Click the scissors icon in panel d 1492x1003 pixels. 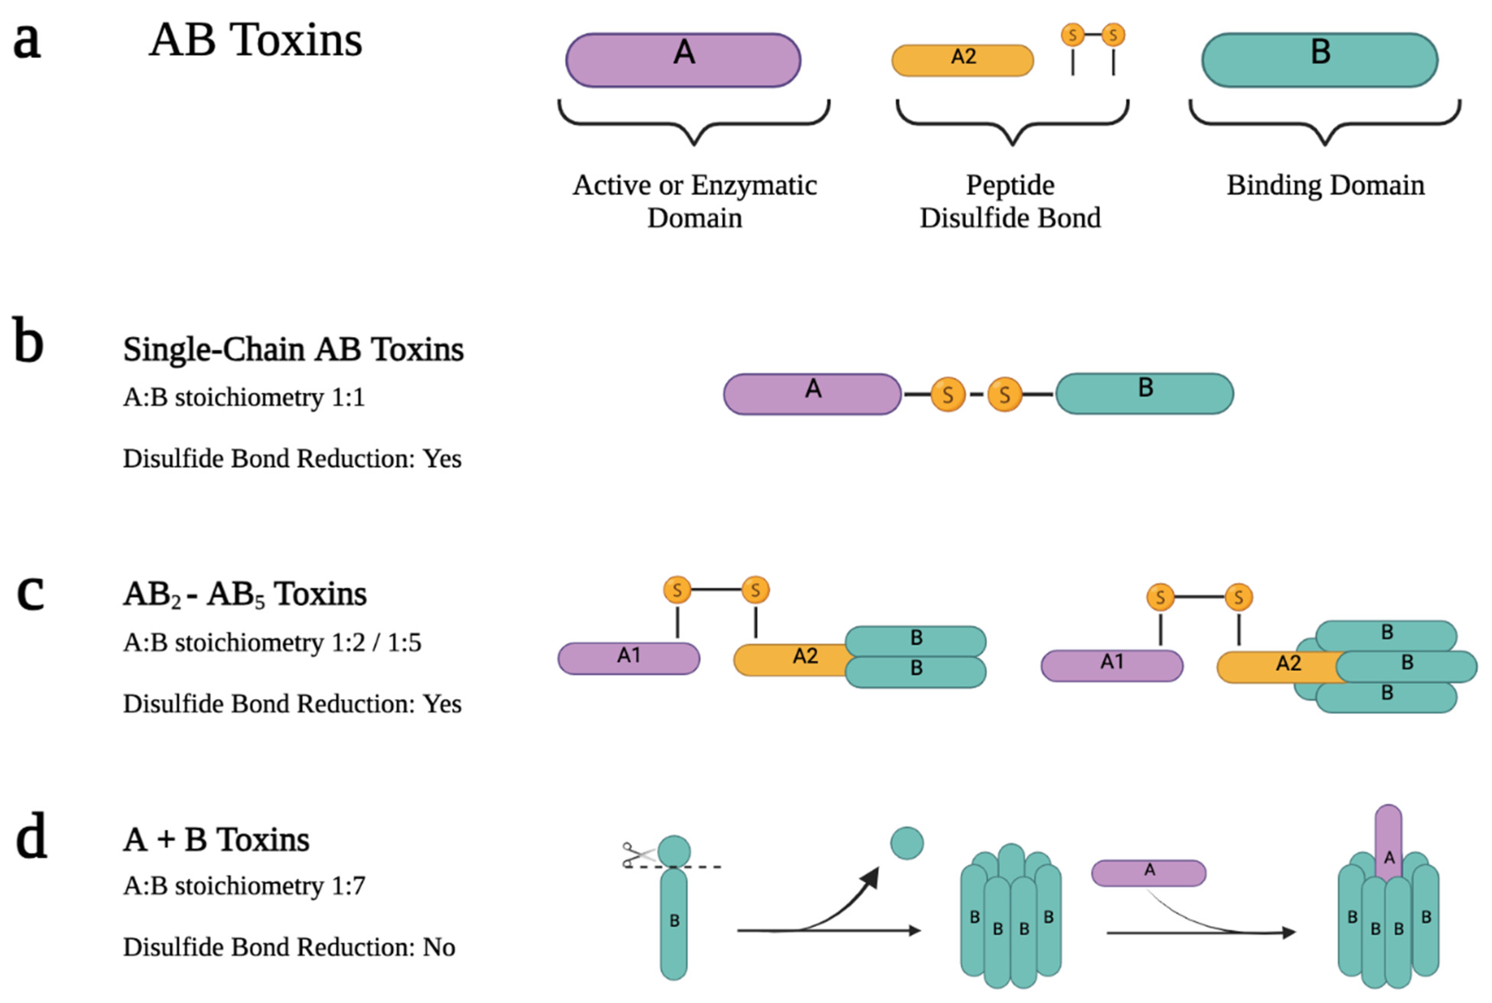[x=637, y=855]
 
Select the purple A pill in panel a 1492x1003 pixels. [x=683, y=60]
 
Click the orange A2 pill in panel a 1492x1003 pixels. [x=962, y=60]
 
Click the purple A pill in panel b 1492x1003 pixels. [x=812, y=394]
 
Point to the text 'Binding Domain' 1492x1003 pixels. [x=1325, y=185]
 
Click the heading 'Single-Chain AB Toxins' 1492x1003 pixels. [x=293, y=349]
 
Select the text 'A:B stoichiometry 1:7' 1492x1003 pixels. [x=244, y=886]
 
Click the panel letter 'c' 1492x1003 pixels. [x=30, y=592]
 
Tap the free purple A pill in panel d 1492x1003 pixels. [x=1148, y=873]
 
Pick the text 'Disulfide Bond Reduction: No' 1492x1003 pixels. [x=289, y=947]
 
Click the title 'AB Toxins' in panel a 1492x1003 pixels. [x=255, y=40]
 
